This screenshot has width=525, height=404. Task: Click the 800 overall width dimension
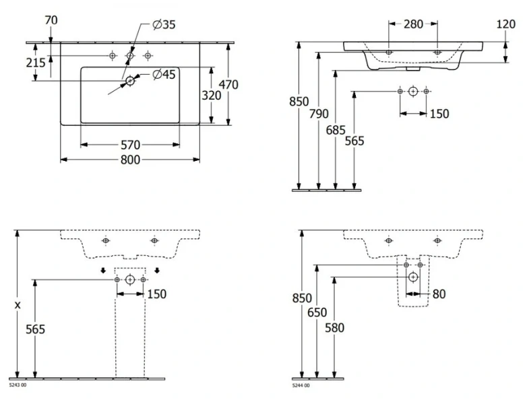click(130, 160)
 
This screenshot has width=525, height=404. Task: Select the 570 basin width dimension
click(130, 144)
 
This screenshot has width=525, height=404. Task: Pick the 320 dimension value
click(211, 96)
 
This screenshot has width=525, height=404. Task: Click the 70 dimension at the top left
click(51, 20)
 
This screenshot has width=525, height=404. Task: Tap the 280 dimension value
click(412, 24)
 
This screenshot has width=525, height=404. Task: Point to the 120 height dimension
click(505, 24)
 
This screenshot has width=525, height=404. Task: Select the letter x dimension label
click(18, 304)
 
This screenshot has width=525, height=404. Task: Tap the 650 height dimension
click(317, 312)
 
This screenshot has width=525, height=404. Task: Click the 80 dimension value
click(439, 294)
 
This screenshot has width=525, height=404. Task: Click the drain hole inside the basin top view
click(130, 81)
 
